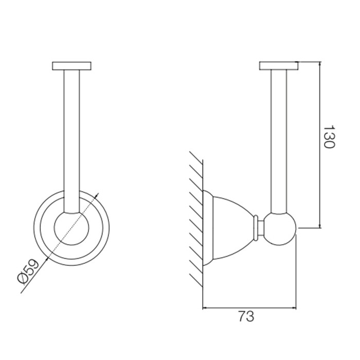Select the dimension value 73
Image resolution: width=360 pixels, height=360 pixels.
click(x=246, y=316)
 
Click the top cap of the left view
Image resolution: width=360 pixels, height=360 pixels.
click(x=72, y=65)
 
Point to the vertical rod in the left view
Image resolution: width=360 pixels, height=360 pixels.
click(x=72, y=139)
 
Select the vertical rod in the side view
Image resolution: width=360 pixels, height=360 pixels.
click(x=279, y=139)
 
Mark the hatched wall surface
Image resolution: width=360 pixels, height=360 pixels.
click(x=195, y=216)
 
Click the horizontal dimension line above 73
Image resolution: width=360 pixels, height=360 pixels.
click(x=250, y=308)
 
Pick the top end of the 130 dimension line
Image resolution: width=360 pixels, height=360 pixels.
click(x=320, y=63)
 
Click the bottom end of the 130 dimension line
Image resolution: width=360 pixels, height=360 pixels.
click(x=320, y=227)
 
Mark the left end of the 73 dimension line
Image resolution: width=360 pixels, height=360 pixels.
click(x=204, y=308)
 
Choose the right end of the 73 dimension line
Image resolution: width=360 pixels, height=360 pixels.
click(x=297, y=308)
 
